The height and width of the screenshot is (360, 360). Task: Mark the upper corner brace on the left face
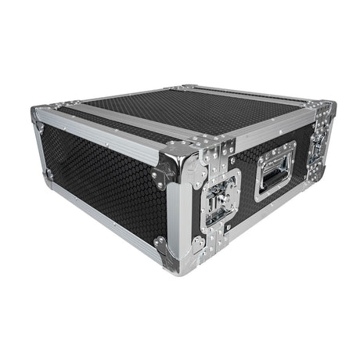coord(164,168)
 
